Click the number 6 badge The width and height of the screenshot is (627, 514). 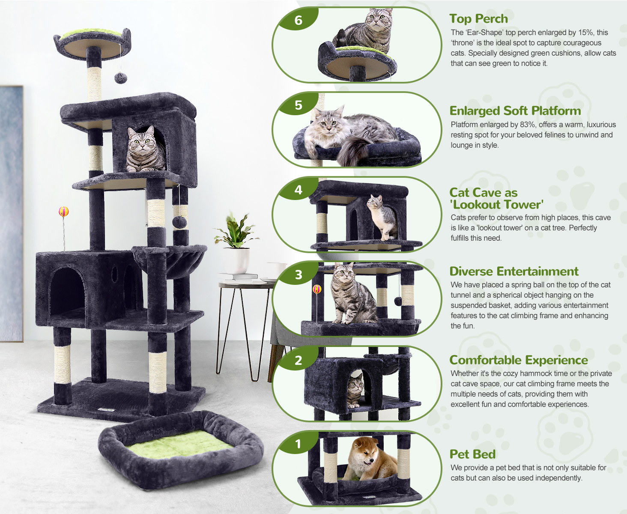click(x=298, y=20)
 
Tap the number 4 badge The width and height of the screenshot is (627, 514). click(x=298, y=190)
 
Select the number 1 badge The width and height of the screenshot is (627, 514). click(x=298, y=444)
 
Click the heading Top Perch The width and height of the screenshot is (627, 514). click(x=479, y=18)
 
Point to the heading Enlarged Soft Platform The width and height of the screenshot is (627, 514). click(x=515, y=111)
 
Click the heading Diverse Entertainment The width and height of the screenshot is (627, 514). click(x=514, y=271)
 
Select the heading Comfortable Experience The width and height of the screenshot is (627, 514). click(x=519, y=360)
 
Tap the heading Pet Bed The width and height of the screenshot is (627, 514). click(x=472, y=454)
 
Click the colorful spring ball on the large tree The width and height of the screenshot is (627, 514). click(x=64, y=212)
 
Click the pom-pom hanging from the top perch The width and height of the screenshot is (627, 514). click(x=121, y=78)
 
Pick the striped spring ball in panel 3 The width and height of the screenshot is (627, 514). click(x=317, y=289)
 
